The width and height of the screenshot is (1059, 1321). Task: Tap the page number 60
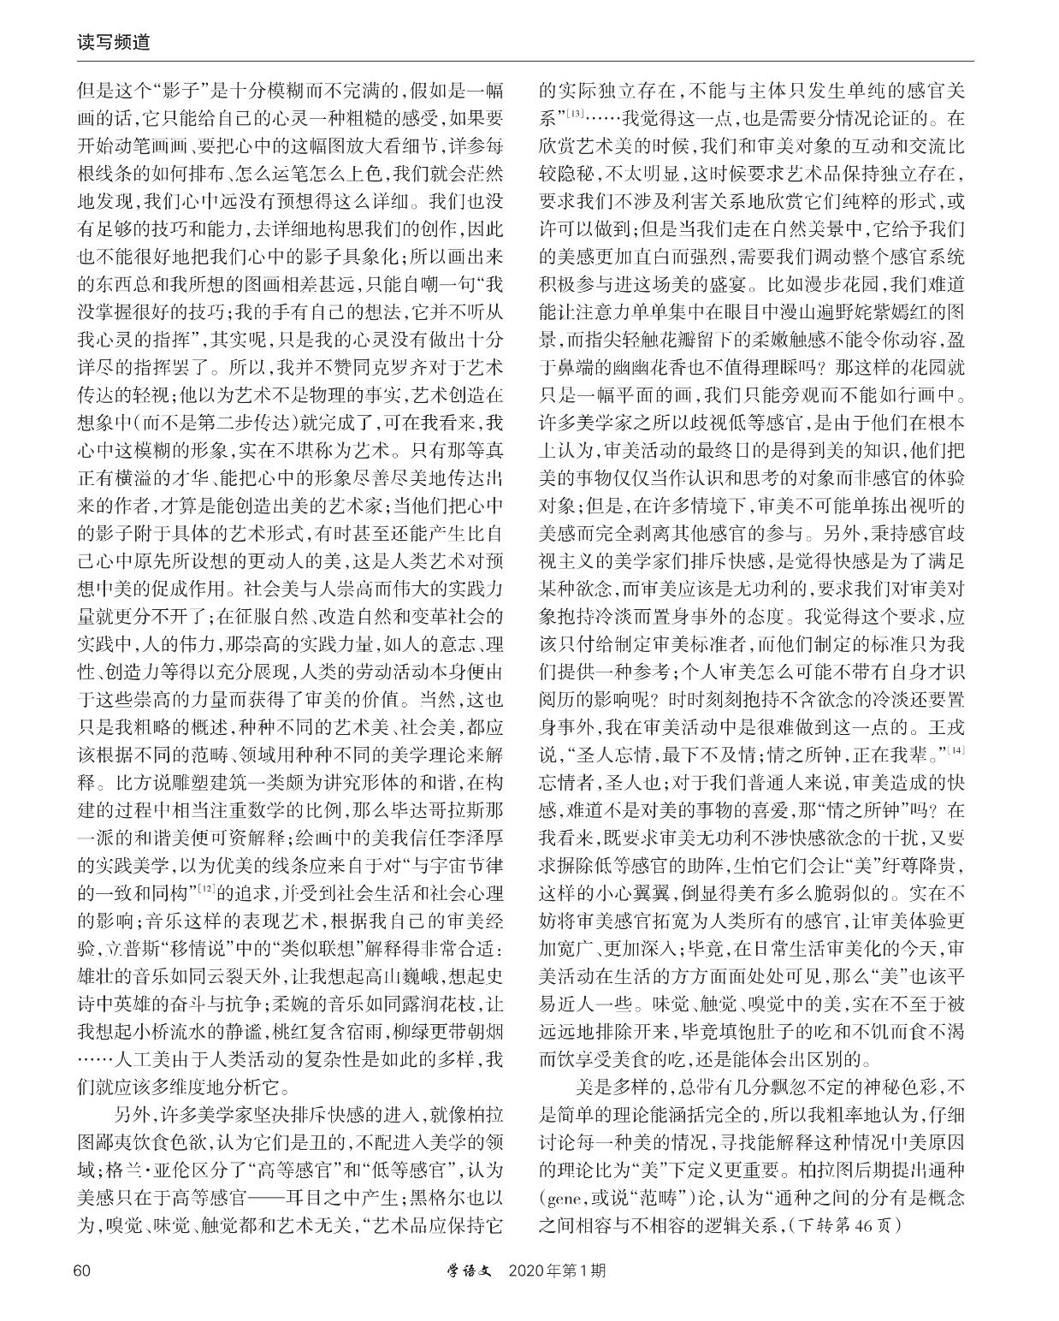pyautogui.click(x=82, y=1270)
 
